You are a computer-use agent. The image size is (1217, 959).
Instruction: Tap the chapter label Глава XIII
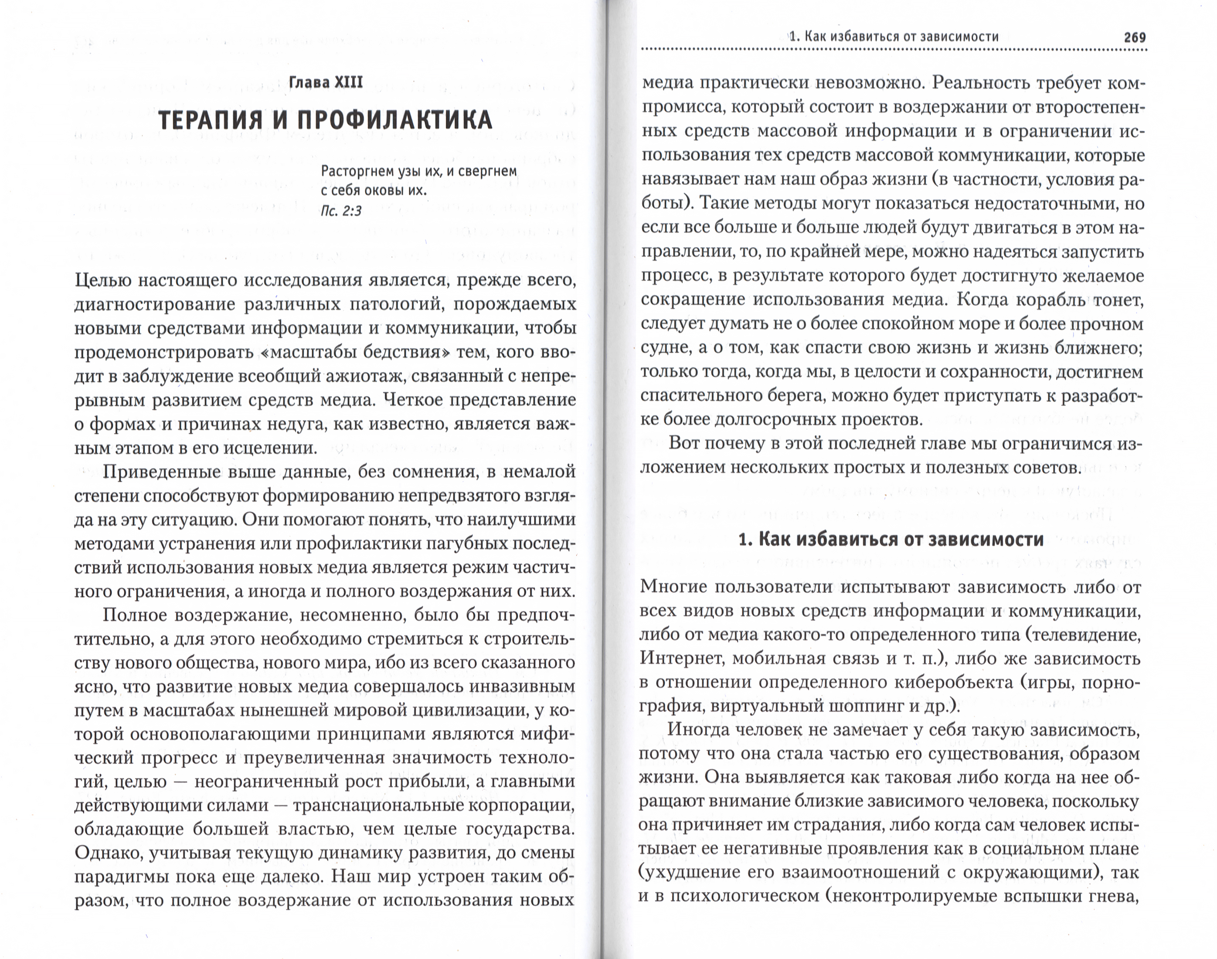tap(326, 82)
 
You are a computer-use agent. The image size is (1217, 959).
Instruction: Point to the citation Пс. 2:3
tap(341, 211)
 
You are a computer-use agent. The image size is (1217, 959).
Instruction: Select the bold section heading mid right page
tap(891, 540)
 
